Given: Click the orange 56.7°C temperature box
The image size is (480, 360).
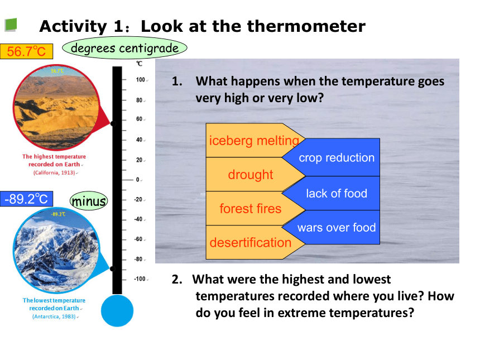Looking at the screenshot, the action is (26, 51).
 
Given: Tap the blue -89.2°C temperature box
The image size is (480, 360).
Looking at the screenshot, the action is (26, 199).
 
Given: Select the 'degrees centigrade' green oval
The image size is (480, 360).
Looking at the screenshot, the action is (124, 48).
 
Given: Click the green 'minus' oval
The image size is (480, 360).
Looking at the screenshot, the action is (89, 201).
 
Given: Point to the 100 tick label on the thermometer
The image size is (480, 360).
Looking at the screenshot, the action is (141, 80).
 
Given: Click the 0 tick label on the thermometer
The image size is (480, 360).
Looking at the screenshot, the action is (138, 180).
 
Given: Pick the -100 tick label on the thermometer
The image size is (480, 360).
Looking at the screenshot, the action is (140, 279).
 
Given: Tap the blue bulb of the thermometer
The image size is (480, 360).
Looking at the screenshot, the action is (117, 310).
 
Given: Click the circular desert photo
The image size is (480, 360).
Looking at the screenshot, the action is (56, 107).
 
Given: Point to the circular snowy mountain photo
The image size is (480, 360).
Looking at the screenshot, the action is (56, 251).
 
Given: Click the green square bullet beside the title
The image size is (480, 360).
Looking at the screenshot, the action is (11, 25).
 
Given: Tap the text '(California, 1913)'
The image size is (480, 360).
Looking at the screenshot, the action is (54, 172).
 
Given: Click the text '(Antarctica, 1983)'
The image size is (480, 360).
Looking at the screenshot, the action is (54, 316).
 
